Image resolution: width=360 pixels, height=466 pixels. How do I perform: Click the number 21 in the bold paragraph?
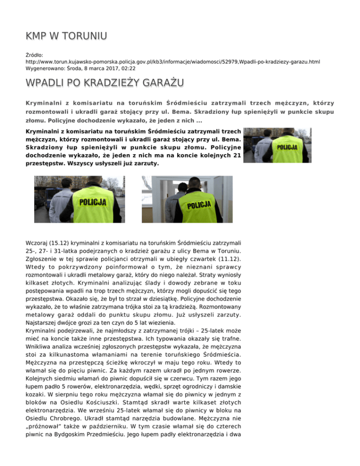pyautogui.click(x=237, y=156)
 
